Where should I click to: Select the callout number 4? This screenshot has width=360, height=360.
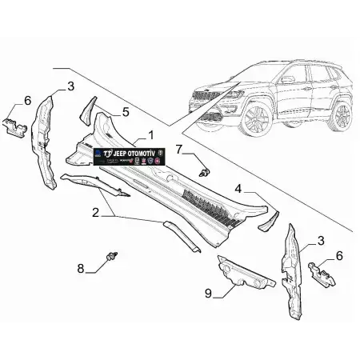tap(238, 189)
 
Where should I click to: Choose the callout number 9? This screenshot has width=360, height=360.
tap(208, 293)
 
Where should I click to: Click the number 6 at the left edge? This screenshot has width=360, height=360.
tap(27, 100)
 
